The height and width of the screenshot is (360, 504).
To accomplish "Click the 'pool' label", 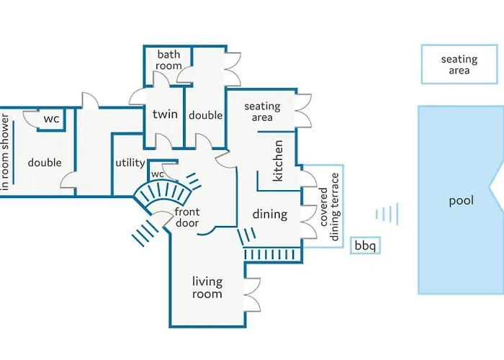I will [x=461, y=201].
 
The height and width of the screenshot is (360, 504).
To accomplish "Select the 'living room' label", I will [x=207, y=287].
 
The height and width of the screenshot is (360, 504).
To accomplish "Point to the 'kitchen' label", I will [x=279, y=160].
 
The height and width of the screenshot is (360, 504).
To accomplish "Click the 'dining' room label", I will [x=270, y=214].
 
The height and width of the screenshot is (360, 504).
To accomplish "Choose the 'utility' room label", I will [x=130, y=163].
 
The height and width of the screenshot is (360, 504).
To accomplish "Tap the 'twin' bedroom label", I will [x=165, y=114].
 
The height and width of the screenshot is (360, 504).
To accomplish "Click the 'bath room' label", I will [x=169, y=60].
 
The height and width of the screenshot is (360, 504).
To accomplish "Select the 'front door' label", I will [x=187, y=217].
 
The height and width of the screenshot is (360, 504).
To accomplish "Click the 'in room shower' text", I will [x=6, y=151].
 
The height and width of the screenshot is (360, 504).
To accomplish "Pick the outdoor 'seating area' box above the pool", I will [x=459, y=65].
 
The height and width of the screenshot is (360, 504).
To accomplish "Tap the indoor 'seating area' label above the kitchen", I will [x=262, y=112].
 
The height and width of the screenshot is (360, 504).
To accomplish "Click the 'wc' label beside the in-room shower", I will [x=52, y=119].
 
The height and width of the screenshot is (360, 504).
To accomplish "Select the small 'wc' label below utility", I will [x=158, y=174].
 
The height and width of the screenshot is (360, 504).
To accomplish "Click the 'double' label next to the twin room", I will [x=206, y=115].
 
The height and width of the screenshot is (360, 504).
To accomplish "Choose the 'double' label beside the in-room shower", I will [x=45, y=163].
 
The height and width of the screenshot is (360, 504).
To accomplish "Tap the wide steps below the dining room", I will [x=271, y=254].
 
